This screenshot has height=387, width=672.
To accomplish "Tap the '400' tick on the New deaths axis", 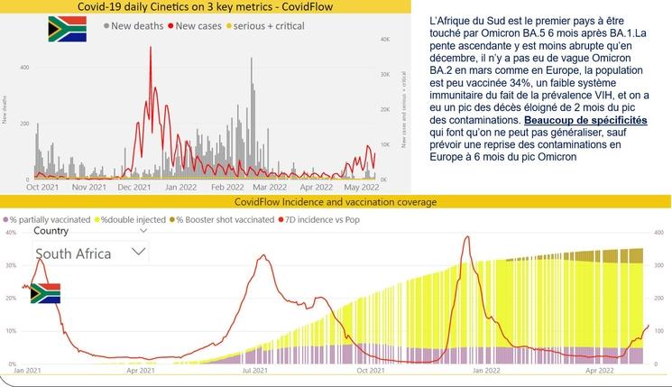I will pyautogui.click(x=24, y=68).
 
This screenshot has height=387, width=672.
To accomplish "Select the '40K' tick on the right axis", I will pyautogui.click(x=383, y=40).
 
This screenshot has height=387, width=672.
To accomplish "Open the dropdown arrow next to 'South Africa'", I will pyautogui.click(x=139, y=253).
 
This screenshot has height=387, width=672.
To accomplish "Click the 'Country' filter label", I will pyautogui.click(x=51, y=231).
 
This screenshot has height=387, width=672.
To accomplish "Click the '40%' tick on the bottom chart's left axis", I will pyautogui.click(x=13, y=233).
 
